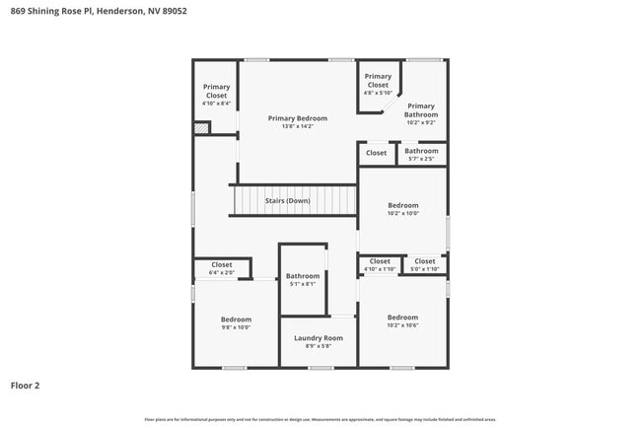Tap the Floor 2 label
point(26,386)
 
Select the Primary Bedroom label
point(297,118)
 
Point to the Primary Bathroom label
point(421,110)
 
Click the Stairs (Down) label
point(287,201)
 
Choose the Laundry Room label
point(319,338)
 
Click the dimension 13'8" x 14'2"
point(297,126)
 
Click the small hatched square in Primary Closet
point(201,127)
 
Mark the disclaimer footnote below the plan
point(320,419)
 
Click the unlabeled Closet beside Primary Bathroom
point(376,153)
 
